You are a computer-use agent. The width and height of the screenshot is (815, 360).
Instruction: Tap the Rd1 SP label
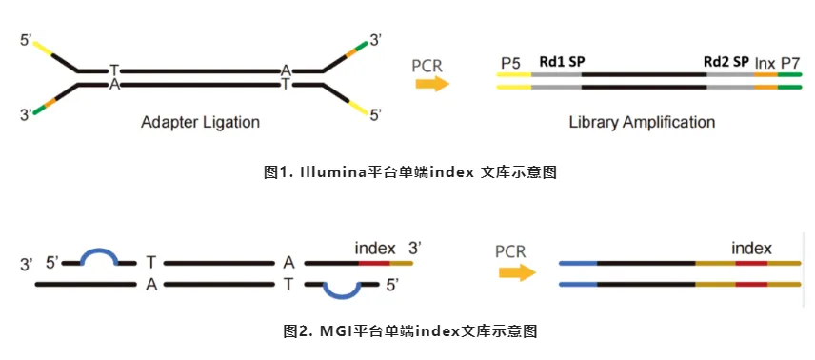click(x=562, y=61)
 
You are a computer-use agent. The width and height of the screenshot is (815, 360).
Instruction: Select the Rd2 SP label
click(x=726, y=61)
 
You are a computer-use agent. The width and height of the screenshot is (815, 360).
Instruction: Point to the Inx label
click(x=765, y=62)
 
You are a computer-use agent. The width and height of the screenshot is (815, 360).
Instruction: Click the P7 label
click(x=790, y=62)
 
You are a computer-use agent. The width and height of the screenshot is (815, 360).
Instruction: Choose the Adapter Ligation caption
click(x=200, y=122)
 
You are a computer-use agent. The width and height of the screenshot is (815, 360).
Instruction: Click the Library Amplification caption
click(x=642, y=122)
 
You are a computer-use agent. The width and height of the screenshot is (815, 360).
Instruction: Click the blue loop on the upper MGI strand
click(x=99, y=255)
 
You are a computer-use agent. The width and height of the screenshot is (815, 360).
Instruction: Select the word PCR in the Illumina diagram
click(x=427, y=66)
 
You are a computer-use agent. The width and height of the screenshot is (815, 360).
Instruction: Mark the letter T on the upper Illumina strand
click(x=113, y=70)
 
